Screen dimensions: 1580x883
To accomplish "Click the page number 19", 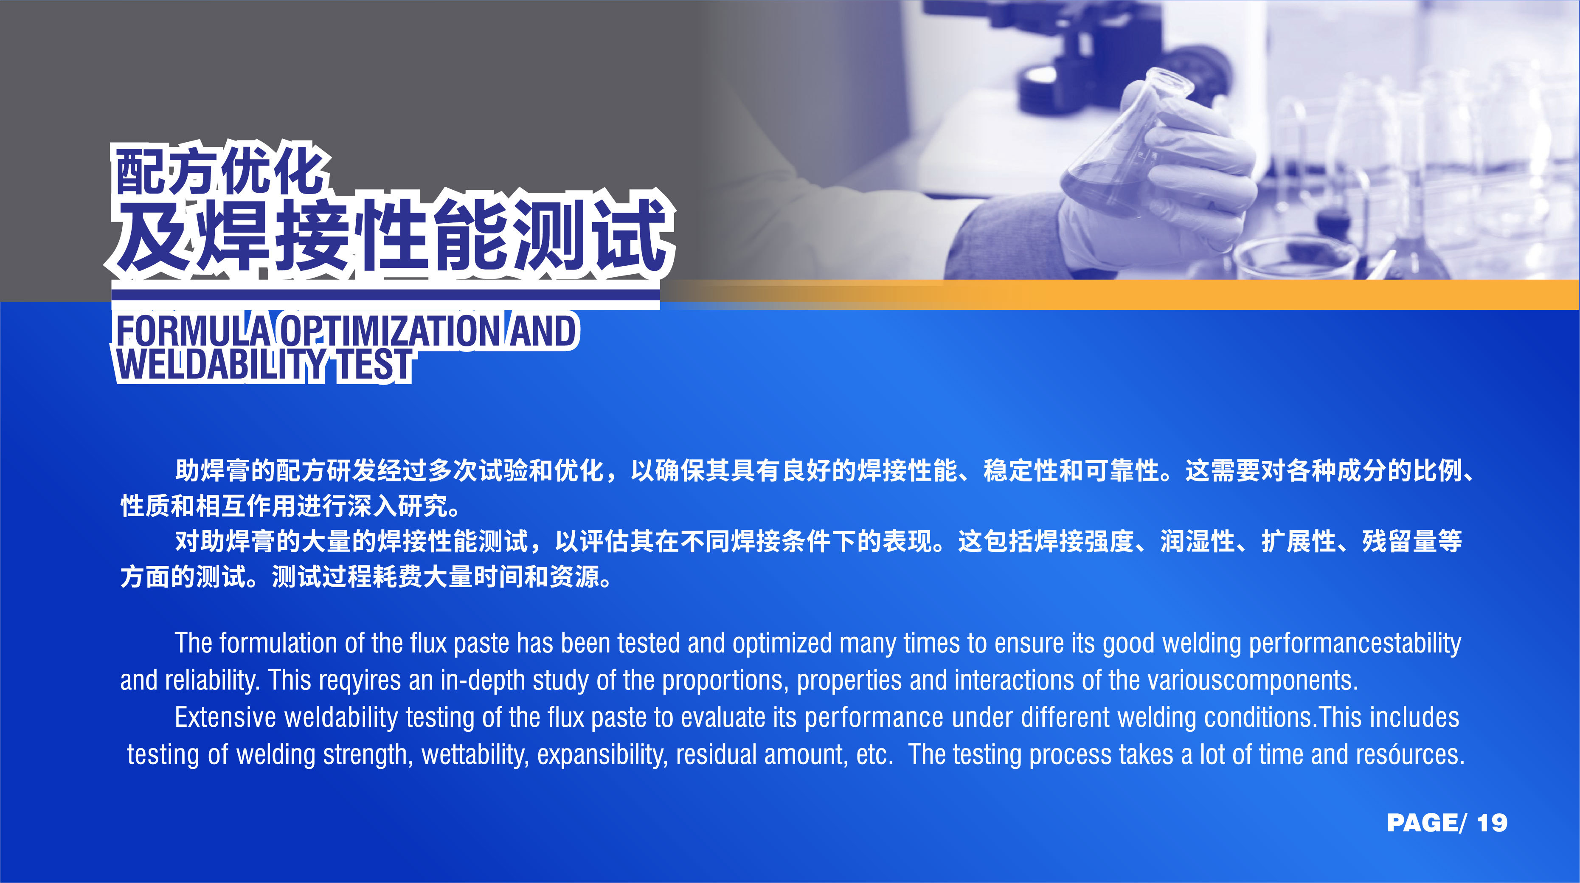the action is (x=1492, y=823).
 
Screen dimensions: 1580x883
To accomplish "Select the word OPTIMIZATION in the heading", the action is (x=390, y=331).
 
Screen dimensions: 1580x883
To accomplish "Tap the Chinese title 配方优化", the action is (x=219, y=172).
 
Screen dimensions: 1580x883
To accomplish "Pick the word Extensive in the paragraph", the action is (x=225, y=717).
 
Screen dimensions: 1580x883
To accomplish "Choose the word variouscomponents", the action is (x=1252, y=681).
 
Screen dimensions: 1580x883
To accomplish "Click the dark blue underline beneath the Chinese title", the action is (x=385, y=295).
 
